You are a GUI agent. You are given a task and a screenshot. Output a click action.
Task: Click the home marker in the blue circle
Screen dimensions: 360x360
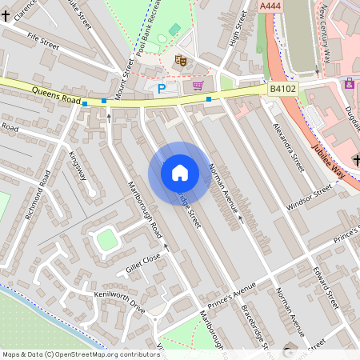coord(179,173)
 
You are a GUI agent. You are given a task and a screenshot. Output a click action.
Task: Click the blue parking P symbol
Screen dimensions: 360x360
coord(162,89)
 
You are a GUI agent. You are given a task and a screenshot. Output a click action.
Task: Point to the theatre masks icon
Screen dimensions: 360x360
coord(181,60)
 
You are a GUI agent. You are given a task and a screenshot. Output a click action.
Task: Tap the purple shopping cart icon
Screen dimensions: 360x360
coord(198,85)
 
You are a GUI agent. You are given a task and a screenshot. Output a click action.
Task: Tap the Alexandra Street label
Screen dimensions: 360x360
coord(288,147)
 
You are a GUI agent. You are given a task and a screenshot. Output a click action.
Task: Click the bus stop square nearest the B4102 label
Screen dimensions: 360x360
coord(209,99)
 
